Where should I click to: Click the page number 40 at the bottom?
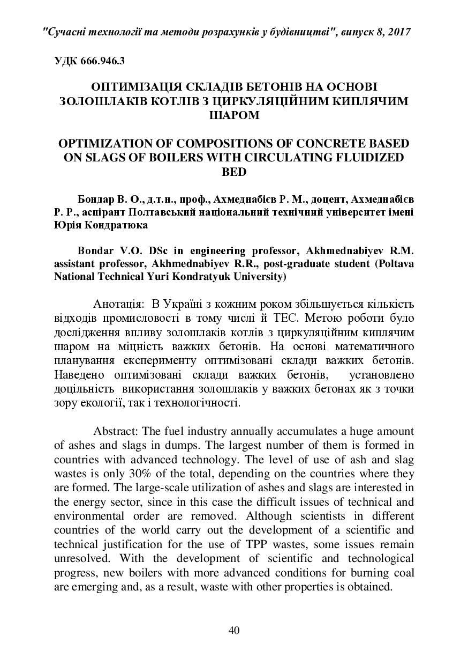233,630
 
